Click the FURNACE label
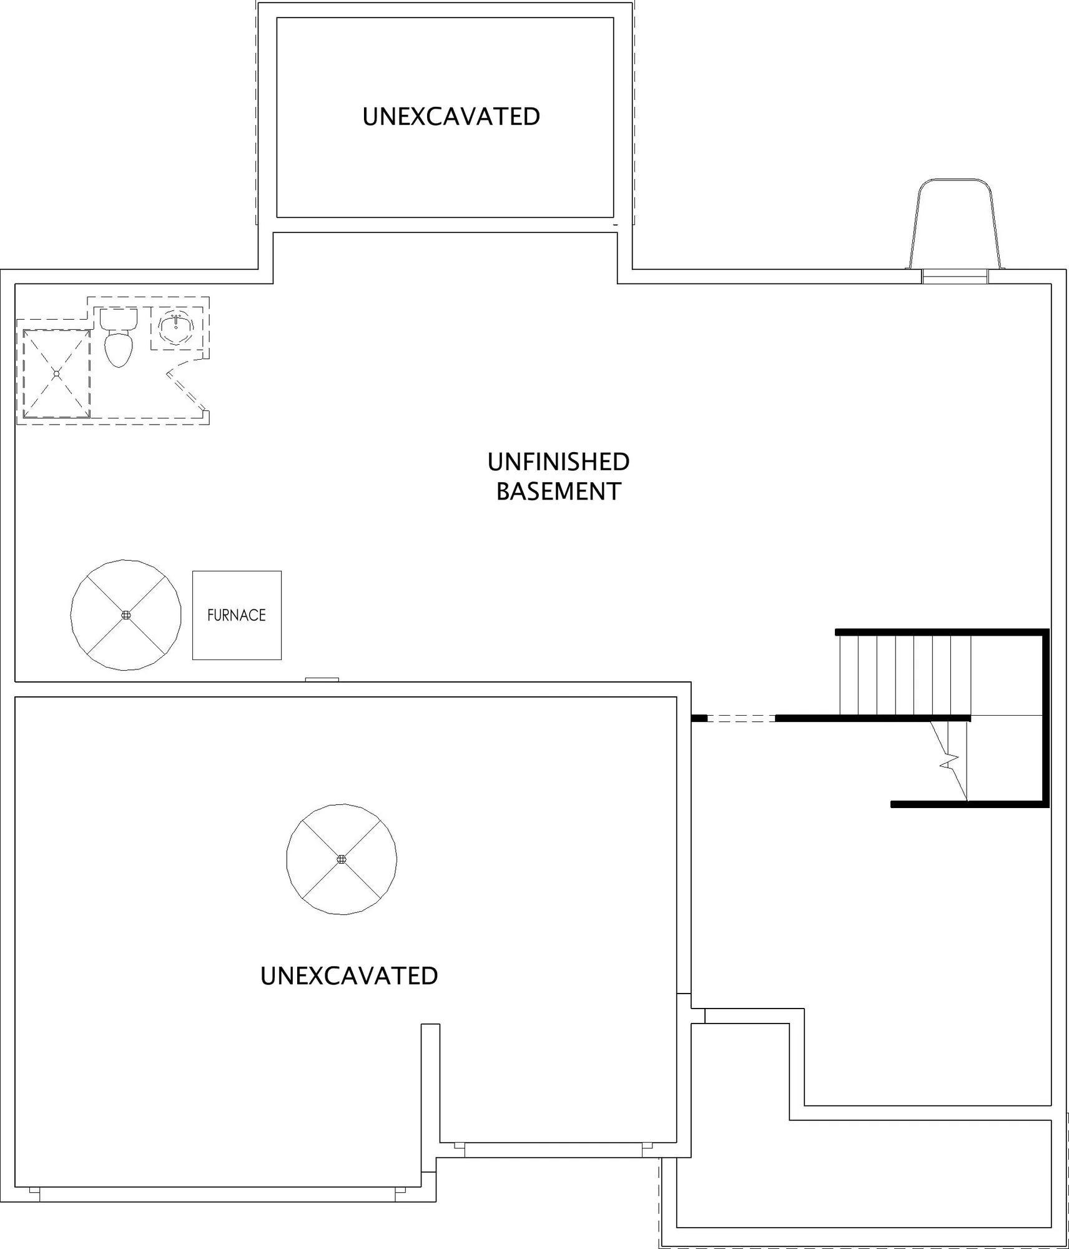click(237, 615)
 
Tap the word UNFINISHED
click(558, 462)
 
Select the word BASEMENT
click(558, 491)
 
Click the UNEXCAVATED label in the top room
click(451, 117)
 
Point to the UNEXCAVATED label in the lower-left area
click(349, 975)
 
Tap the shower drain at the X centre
click(56, 373)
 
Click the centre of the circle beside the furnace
click(126, 615)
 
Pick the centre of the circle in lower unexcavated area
click(342, 859)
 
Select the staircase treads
click(905, 674)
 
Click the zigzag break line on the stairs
click(950, 761)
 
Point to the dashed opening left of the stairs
click(741, 718)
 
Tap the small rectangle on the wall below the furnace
click(322, 679)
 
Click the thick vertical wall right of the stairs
click(1046, 718)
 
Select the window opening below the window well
click(955, 277)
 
